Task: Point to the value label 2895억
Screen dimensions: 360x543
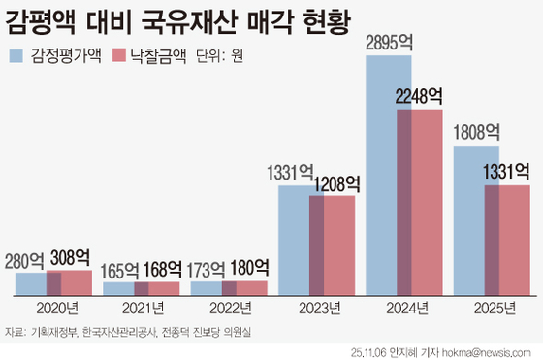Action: pos(390,44)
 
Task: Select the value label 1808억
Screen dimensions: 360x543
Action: pos(475,132)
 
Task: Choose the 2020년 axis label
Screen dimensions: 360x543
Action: pos(54,308)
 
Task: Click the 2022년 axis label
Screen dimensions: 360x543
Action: pos(229,308)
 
